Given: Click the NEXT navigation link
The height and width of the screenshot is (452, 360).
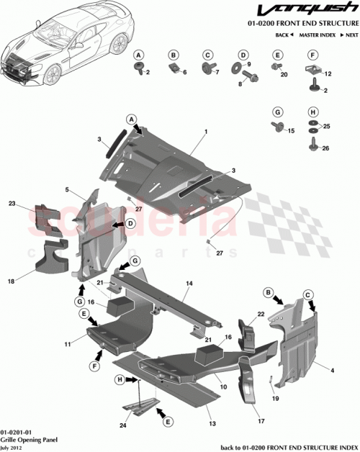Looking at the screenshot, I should [349, 35].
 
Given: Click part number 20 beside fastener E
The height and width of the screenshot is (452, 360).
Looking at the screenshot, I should [284, 75].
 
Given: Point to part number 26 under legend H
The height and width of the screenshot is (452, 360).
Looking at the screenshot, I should [326, 149].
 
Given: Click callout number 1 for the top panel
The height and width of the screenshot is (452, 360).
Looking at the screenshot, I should [205, 132].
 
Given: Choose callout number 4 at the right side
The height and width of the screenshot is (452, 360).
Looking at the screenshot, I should [332, 371].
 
